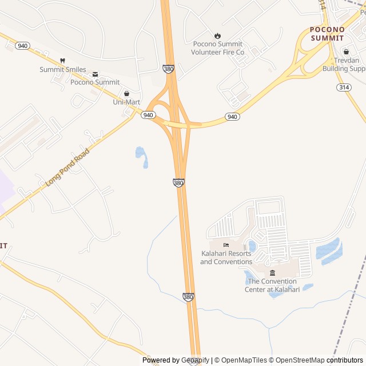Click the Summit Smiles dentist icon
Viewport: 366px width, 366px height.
(x=62, y=61)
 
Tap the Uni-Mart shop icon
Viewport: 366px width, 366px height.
(x=126, y=93)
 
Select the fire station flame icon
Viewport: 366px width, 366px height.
(x=217, y=35)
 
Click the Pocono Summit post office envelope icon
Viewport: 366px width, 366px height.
(x=95, y=73)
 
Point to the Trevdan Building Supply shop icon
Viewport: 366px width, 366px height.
(x=345, y=51)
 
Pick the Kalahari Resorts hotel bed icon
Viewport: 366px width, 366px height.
(x=226, y=245)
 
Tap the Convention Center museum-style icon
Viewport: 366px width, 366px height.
(x=272, y=273)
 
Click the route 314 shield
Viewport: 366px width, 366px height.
(x=343, y=87)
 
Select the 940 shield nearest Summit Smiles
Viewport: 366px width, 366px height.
(x=22, y=46)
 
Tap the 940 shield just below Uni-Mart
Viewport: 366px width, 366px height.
(x=148, y=115)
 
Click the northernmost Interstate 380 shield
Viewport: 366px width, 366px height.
(x=168, y=68)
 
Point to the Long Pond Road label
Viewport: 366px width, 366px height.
(x=68, y=167)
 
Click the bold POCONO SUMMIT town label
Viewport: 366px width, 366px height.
(x=328, y=34)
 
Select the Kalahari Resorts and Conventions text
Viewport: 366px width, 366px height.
(x=226, y=257)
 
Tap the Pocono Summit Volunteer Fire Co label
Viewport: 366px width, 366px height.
(x=217, y=48)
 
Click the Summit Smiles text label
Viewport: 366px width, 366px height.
(x=63, y=70)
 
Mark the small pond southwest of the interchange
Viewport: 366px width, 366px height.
(x=141, y=157)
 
